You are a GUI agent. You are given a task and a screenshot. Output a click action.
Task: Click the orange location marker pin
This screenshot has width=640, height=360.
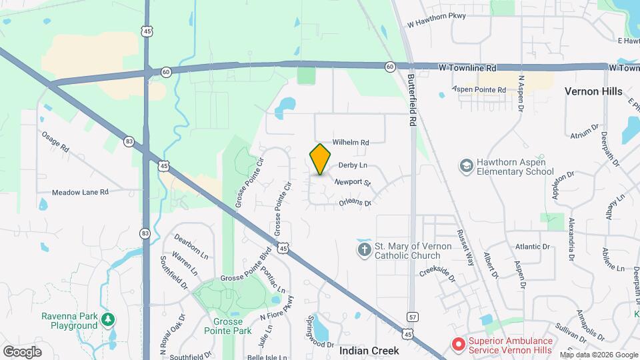click(321, 159)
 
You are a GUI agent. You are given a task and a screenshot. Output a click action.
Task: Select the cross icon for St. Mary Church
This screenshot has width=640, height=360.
click(364, 250)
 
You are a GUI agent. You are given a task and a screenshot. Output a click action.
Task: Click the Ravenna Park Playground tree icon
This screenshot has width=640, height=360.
click(108, 321)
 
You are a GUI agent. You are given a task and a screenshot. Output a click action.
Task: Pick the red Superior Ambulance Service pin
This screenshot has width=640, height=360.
click(458, 344)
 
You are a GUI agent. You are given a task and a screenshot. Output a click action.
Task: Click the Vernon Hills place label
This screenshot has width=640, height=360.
click(593, 91)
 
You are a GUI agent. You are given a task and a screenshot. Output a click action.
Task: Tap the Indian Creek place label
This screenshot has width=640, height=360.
click(369, 350)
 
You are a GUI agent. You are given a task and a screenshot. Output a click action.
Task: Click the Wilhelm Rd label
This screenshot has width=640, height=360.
click(351, 143)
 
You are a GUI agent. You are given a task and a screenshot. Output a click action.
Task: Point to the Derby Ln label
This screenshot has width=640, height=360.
click(353, 165)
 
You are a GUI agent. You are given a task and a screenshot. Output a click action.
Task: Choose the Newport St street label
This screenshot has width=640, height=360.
click(352, 182)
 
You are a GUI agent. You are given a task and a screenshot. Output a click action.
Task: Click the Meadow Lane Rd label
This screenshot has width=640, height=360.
click(81, 192)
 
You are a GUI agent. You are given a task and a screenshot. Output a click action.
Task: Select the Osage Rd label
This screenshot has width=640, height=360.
click(55, 142)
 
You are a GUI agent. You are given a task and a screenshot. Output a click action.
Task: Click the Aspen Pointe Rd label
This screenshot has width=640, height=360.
click(479, 89)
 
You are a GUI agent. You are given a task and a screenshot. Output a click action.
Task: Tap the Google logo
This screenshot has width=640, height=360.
click(22, 351)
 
